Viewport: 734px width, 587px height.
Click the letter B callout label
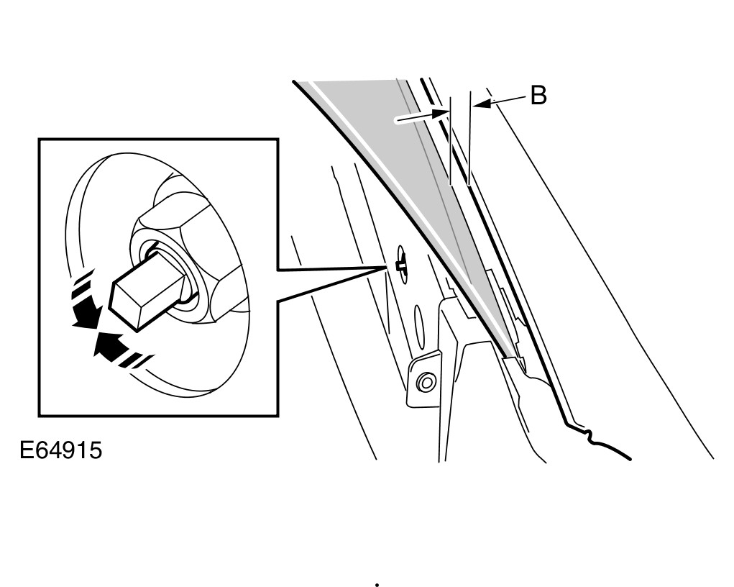pos(538,95)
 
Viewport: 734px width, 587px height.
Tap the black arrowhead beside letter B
pos(482,104)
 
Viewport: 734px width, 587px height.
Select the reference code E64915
pos(60,451)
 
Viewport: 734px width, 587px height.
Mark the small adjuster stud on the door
pos(400,266)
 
